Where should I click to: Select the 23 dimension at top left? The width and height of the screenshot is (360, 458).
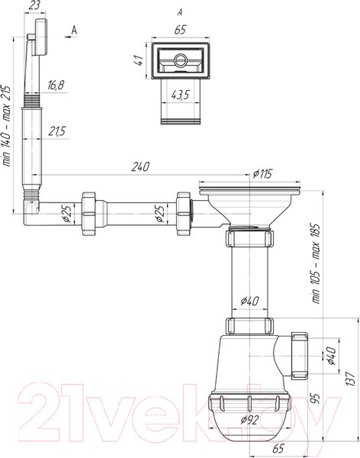pyautogui.click(x=33, y=6)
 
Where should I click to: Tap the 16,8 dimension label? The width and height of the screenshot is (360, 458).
pyautogui.click(x=56, y=84)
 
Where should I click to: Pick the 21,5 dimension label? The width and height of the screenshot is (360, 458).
pyautogui.click(x=56, y=132)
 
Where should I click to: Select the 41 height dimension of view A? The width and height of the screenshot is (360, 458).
pyautogui.click(x=137, y=60)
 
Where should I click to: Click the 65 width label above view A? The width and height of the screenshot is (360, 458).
pyautogui.click(x=180, y=31)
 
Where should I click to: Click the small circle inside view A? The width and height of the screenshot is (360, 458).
pyautogui.click(x=181, y=60)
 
